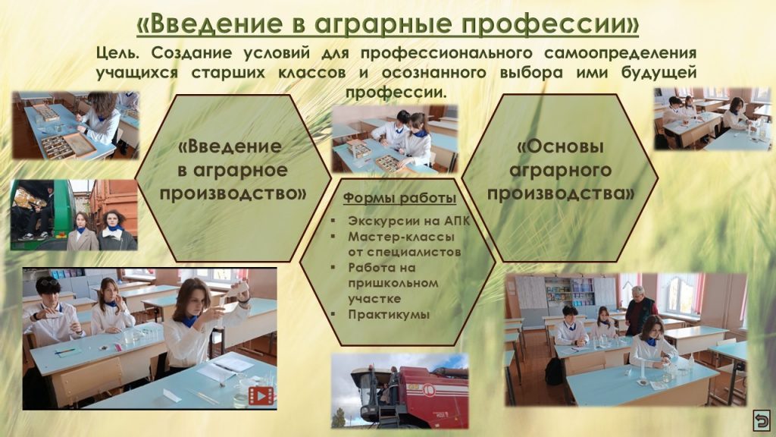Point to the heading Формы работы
click(x=399, y=198)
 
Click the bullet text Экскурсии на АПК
click(x=408, y=221)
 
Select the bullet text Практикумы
click(x=389, y=315)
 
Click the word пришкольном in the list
click(x=393, y=284)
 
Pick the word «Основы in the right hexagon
click(x=560, y=146)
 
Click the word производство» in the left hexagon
click(x=233, y=193)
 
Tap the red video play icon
click(x=261, y=395)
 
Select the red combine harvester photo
click(x=400, y=391)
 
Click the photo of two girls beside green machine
click(x=74, y=215)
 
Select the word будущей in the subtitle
click(x=659, y=73)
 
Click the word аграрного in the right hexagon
click(x=560, y=171)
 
